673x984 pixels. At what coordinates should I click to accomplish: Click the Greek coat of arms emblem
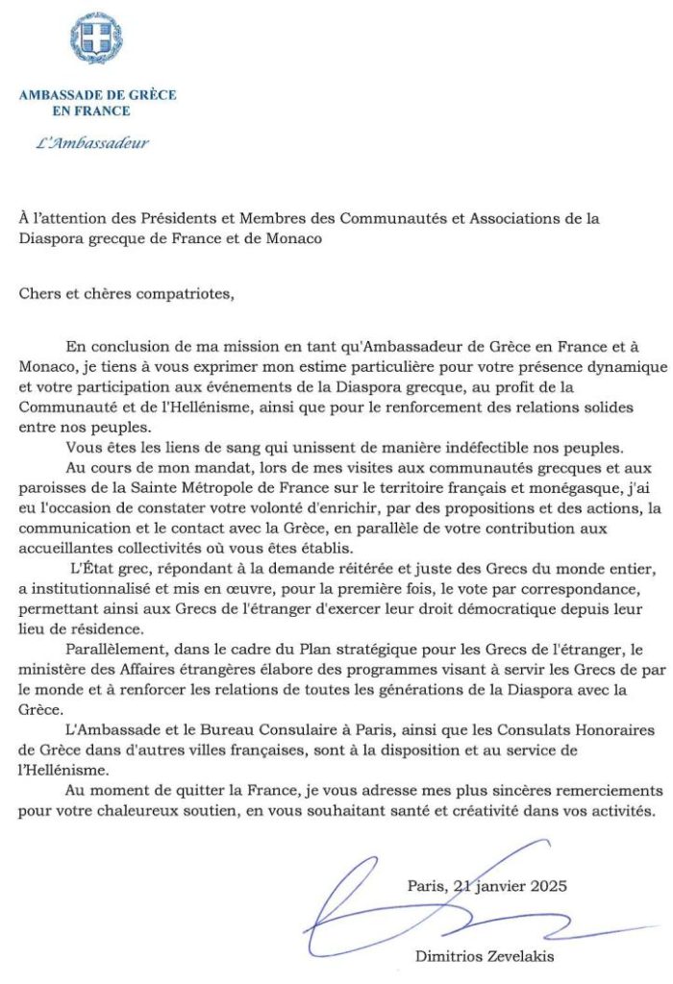[95, 39]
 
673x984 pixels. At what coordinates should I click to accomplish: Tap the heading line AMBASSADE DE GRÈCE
[97, 95]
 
